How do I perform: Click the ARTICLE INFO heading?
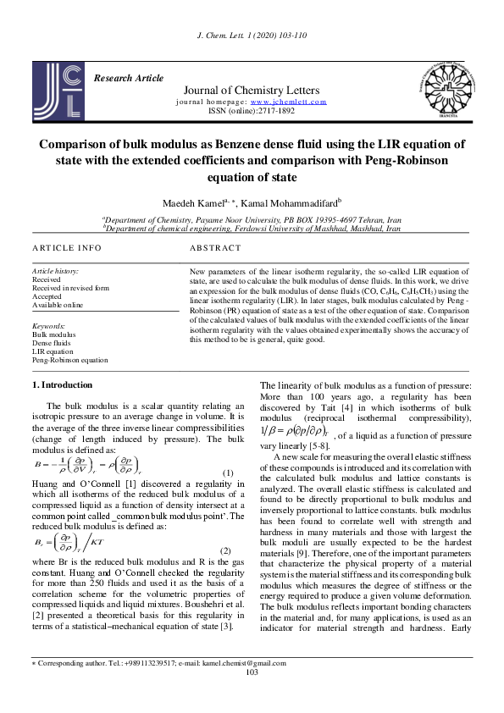(67, 248)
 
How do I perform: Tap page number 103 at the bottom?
(251, 696)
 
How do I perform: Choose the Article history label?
(53, 268)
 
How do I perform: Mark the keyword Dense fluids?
(53, 342)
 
